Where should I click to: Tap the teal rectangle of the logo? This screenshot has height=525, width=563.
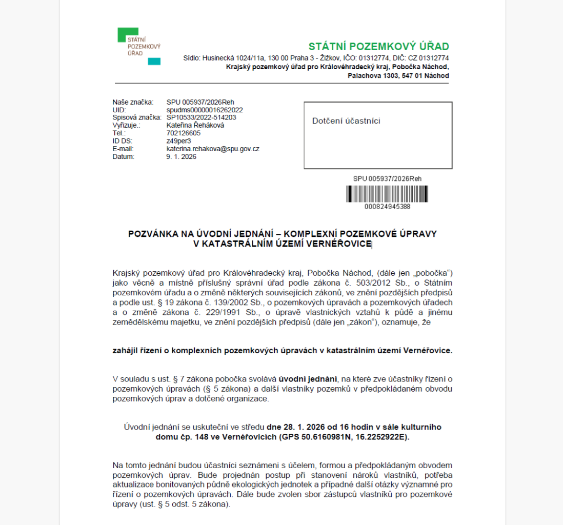154,62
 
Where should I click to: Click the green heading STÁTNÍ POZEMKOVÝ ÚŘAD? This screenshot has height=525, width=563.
378,47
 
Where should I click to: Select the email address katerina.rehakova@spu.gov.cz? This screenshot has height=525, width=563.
213,149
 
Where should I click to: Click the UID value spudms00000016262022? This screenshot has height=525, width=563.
205,110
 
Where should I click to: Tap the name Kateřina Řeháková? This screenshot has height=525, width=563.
195,125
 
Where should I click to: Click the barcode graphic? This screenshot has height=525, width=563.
387,194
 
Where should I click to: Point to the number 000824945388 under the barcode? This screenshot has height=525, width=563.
387,207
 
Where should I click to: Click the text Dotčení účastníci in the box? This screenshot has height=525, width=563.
346,121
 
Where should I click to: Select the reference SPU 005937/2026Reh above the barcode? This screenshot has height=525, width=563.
387,179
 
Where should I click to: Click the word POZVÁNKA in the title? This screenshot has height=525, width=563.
151,234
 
